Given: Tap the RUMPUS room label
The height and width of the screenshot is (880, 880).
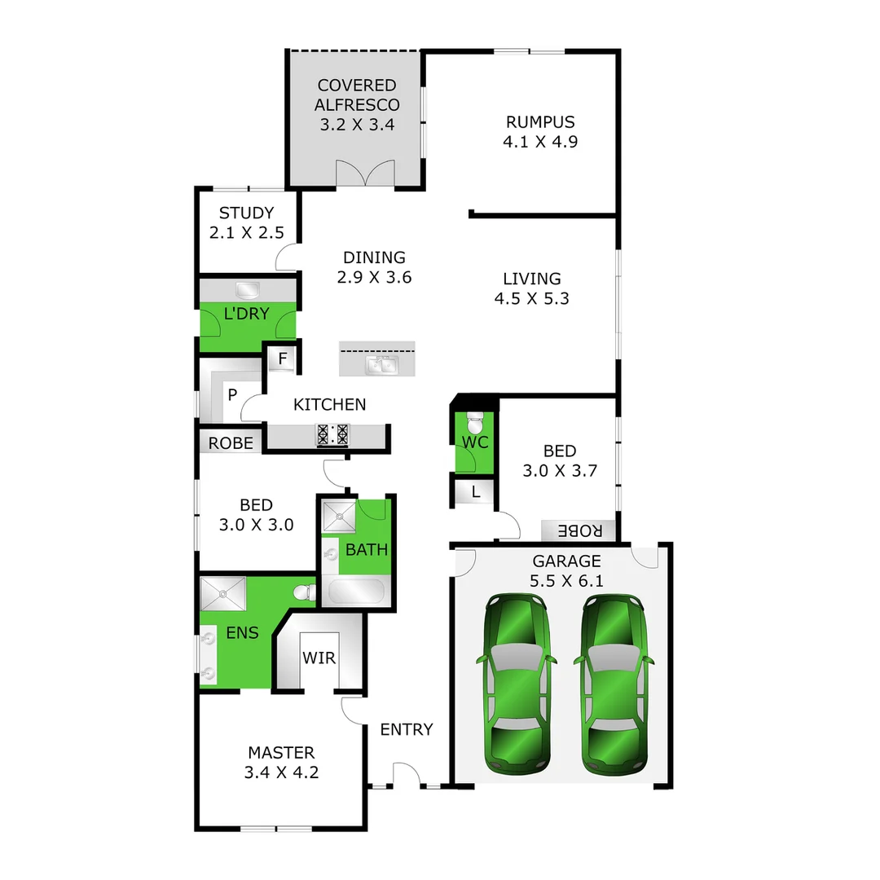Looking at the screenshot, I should pos(540,122).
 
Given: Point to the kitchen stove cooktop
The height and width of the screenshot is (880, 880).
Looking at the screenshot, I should pos(332,434).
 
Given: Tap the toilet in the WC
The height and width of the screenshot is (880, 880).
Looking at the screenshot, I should pos(475,425).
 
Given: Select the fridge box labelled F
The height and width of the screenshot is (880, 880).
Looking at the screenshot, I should pos(283,358).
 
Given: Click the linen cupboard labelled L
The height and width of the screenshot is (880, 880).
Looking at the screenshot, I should pos(476,491).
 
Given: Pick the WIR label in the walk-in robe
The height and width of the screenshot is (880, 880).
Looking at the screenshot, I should pos(319,658).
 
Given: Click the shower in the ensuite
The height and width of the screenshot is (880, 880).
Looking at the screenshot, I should pos(223,593).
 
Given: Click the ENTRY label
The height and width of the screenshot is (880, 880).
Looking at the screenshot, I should pos(407,729).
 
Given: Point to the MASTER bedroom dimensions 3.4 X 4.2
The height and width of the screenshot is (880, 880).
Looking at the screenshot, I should pos(281,772).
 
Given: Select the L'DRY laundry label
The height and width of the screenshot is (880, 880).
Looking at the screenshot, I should pos(246,314).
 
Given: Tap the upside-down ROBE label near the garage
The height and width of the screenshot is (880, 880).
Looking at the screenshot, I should pos(580,531).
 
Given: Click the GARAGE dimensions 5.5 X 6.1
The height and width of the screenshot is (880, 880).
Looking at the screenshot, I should pos(567,581).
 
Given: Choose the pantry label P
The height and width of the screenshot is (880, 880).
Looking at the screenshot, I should pos(232,396).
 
